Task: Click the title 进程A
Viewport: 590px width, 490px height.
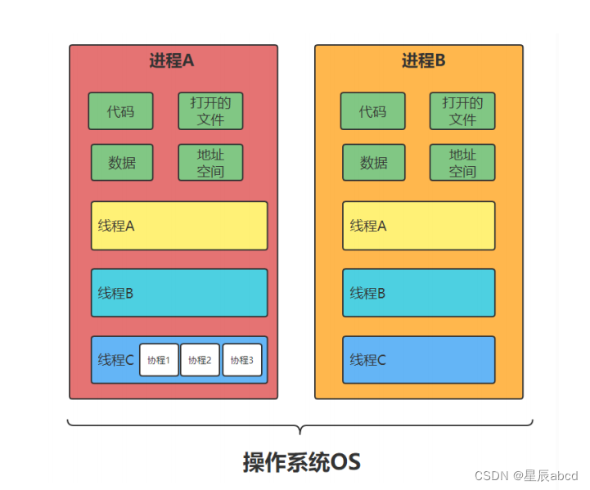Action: [x=172, y=61]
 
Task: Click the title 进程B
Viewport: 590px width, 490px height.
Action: [x=423, y=61]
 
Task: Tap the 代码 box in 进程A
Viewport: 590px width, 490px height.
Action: [x=120, y=111]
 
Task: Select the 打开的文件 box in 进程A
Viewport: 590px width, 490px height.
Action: [x=210, y=111]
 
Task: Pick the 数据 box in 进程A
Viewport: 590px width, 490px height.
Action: [x=122, y=163]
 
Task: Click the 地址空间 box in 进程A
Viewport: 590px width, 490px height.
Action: [x=210, y=163]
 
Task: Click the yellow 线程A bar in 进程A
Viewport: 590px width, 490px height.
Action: [x=178, y=226]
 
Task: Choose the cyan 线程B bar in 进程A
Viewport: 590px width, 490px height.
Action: [x=178, y=293]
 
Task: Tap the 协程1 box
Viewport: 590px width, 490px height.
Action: [x=159, y=360]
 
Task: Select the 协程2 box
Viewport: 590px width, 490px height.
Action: [x=200, y=360]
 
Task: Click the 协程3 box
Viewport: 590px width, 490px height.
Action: [x=241, y=360]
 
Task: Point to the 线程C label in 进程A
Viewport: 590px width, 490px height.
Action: [x=115, y=360]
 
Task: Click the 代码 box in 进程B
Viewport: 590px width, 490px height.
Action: [x=372, y=111]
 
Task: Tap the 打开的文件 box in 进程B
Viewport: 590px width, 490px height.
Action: [x=462, y=111]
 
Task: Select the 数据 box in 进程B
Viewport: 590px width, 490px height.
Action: [x=374, y=163]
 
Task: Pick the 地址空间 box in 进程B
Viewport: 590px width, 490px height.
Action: [x=462, y=163]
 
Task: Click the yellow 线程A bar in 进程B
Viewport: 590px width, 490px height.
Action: [x=418, y=226]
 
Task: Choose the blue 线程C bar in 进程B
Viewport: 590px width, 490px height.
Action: [x=418, y=360]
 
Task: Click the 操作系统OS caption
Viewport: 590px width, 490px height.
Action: [x=301, y=462]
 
